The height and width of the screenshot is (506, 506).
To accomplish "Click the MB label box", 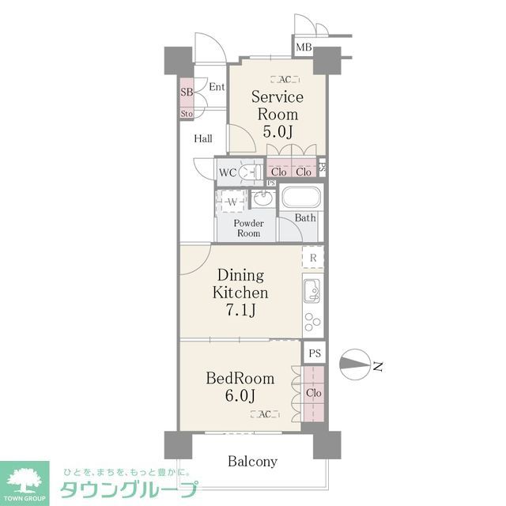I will click(304, 48).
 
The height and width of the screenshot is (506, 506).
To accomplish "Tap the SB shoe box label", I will click(187, 93).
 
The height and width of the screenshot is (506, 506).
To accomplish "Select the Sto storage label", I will click(187, 114).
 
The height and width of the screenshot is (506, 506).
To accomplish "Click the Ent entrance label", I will click(217, 86).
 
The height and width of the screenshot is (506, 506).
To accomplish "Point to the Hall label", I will click(203, 139).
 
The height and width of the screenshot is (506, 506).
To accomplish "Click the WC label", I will click(227, 172).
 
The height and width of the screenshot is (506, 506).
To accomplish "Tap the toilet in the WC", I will click(251, 172).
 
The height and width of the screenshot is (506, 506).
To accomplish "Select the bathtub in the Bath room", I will click(300, 198).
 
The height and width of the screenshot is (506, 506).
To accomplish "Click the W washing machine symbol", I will click(233, 202).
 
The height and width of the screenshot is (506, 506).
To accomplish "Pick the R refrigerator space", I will click(313, 258).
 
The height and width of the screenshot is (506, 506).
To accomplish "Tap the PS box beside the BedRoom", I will click(315, 353).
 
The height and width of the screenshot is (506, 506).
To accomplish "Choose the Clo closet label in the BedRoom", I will click(313, 393).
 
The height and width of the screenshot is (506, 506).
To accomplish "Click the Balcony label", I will click(253, 461).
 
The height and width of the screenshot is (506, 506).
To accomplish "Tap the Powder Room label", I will click(248, 228).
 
